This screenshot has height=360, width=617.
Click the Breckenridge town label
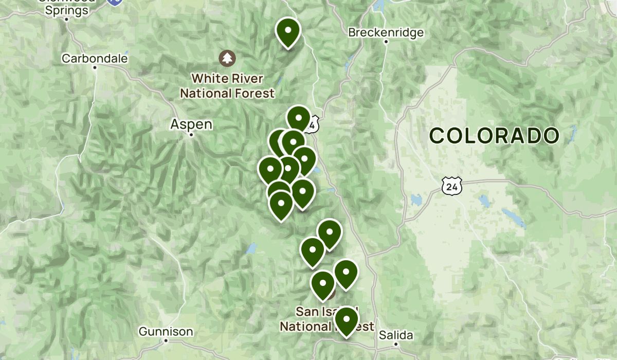coord(386,32)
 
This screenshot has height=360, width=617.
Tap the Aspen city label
coord(191,124)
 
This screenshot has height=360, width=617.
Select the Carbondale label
coord(95,59)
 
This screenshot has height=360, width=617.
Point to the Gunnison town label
coord(166,332)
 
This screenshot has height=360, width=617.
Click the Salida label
coord(395,335)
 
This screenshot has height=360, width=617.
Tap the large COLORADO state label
coord(494,136)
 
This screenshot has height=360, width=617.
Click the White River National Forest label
coord(227,86)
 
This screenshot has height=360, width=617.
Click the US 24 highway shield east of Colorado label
coord(451,186)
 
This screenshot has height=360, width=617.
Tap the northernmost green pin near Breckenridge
coord(288,31)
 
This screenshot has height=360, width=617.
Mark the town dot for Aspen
coord(191,135)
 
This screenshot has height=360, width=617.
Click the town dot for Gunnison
coord(166,341)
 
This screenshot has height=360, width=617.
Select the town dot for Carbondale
coord(95,67)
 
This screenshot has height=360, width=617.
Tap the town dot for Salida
coord(396,344)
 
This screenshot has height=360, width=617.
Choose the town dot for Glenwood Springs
coord(67,20)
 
